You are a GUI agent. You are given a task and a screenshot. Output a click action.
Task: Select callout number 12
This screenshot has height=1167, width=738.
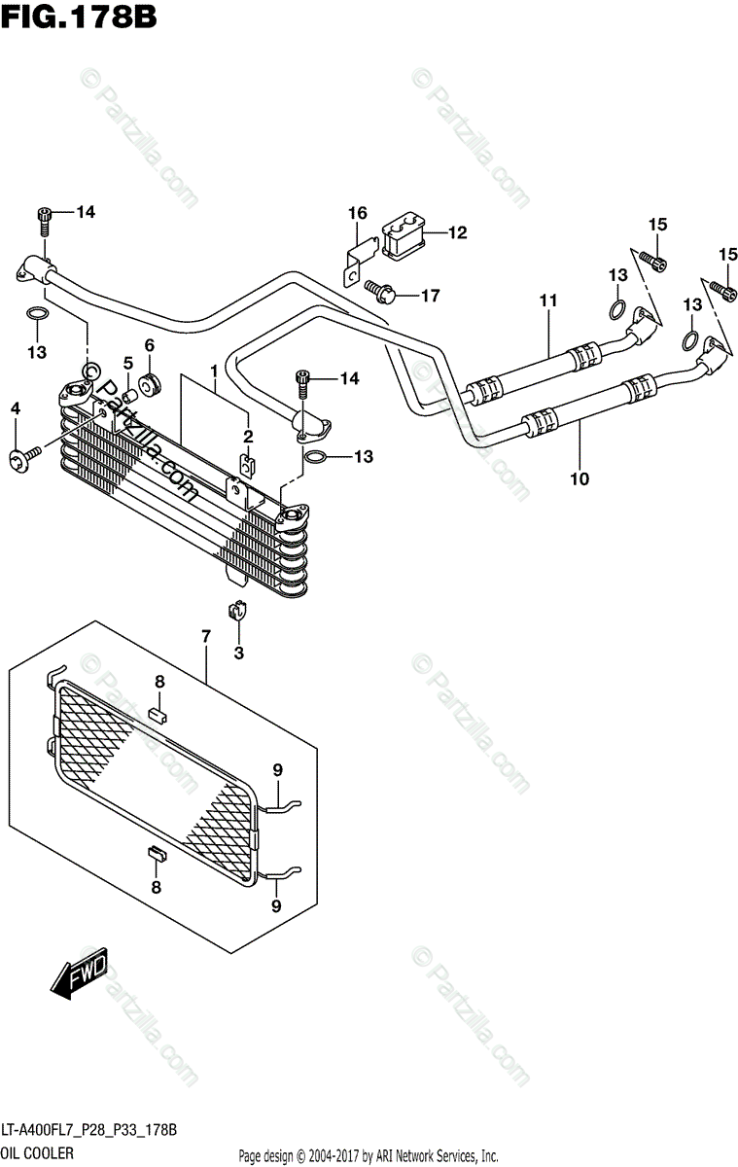457,232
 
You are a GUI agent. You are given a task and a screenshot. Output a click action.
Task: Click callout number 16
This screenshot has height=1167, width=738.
357,213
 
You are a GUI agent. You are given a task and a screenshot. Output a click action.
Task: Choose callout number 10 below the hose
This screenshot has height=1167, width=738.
580,478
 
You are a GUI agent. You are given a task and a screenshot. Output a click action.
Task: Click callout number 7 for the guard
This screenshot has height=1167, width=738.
206,637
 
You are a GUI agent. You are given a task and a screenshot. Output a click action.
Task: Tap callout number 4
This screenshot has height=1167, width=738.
15,410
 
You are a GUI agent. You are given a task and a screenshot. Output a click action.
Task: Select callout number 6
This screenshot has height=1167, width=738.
149,344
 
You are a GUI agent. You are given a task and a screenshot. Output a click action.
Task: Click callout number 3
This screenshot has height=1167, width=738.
238,653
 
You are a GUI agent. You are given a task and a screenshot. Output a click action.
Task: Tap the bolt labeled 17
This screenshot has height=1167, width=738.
378,289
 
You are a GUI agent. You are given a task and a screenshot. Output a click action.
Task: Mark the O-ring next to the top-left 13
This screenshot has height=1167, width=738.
35,314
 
